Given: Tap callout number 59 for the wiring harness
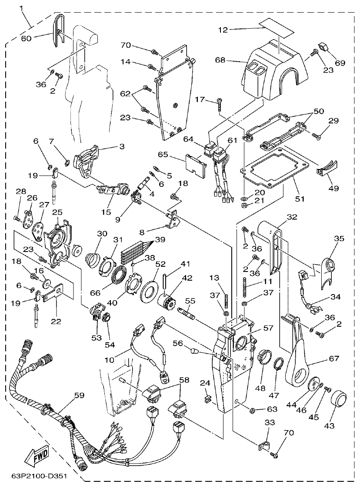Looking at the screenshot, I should (79, 396).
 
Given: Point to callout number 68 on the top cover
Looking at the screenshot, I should (220, 60).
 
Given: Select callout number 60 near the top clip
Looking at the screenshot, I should (27, 38).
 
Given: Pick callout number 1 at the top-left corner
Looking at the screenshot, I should (20, 8).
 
